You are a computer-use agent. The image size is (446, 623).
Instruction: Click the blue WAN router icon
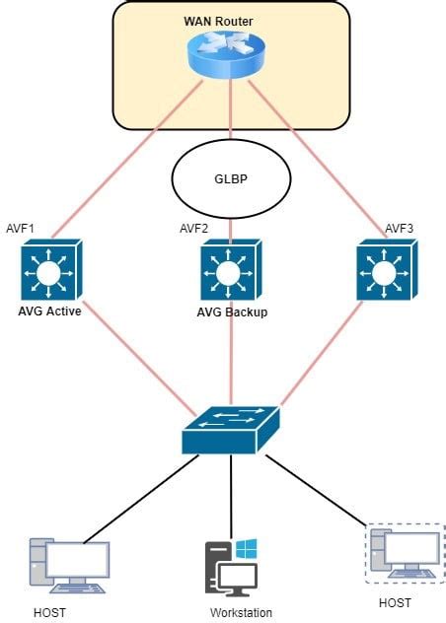tap(230, 55)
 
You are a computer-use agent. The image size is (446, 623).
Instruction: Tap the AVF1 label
tap(19, 229)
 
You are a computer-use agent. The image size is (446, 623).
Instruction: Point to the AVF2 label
tap(194, 229)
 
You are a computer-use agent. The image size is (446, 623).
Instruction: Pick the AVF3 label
tap(399, 229)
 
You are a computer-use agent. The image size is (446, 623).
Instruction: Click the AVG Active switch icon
tap(49, 270)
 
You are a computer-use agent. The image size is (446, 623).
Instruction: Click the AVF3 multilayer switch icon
tap(386, 272)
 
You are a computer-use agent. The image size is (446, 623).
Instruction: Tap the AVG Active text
tap(49, 311)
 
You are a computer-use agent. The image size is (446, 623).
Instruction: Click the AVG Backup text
tap(232, 312)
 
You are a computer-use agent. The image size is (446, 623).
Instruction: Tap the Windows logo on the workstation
tap(246, 547)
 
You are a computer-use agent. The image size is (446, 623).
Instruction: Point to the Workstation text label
tap(241, 612)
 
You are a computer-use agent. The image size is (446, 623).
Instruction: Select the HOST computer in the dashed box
tap(404, 555)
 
